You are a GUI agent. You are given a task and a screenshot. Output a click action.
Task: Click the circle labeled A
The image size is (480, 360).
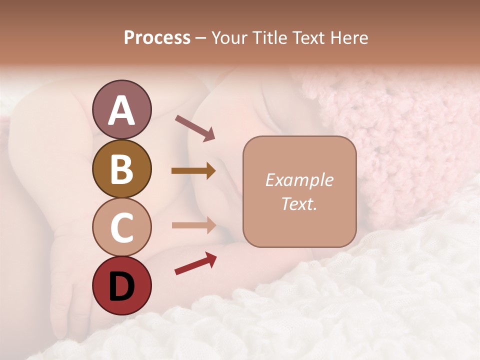tap(121, 109)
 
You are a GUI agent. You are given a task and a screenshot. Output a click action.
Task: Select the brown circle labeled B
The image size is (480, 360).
tap(121, 168)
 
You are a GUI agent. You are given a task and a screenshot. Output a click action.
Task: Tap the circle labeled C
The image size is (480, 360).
tap(121, 227)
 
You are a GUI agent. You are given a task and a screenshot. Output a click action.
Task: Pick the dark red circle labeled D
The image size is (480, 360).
tap(121, 286)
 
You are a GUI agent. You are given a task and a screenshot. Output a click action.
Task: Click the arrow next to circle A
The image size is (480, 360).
tap(194, 127)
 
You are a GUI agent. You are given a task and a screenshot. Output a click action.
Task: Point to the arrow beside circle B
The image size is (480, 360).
tap(193, 171)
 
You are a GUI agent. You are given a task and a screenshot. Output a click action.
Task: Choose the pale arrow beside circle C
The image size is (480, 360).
tap(193, 225)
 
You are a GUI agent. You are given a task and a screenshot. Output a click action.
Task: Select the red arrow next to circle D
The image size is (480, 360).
tap(195, 263)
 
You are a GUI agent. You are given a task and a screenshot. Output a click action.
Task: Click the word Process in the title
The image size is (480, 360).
tap(157, 38)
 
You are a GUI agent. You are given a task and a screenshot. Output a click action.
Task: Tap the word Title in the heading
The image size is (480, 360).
tap(268, 38)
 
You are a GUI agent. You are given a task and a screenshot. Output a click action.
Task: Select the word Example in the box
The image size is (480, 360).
tap(299, 180)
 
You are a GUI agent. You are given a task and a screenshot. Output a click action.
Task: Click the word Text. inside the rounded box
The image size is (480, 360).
tap(299, 204)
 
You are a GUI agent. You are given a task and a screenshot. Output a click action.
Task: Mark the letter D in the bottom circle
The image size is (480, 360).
tap(121, 286)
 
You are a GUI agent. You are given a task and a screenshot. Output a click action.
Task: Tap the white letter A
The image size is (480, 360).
tap(121, 110)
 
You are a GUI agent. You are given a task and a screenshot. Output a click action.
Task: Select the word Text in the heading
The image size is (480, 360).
tap(309, 38)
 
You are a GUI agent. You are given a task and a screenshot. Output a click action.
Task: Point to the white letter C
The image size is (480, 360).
tap(121, 227)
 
